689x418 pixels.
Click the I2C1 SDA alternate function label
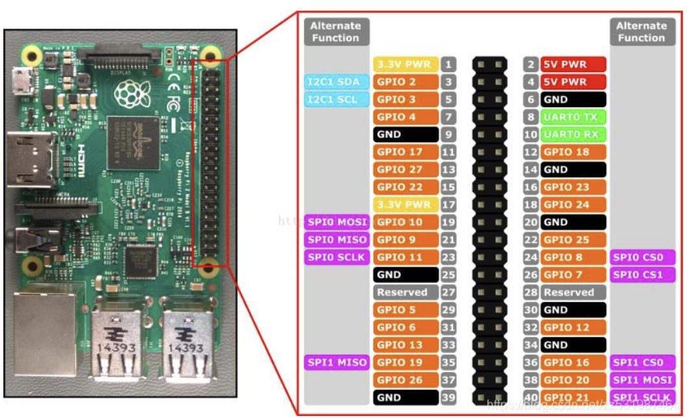coord(336,82)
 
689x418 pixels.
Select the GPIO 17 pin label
coord(406,152)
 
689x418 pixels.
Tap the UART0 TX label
coord(574,117)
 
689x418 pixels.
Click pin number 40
coord(531,397)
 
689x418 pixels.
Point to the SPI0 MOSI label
coord(336,222)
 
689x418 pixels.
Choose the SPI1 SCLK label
coord(642,397)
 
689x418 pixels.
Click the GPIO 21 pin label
coord(574,397)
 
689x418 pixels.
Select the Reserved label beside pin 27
coord(406,292)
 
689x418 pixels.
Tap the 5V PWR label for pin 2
coord(574,64)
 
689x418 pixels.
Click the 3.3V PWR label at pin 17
coord(406,204)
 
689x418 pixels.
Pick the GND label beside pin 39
coord(406,397)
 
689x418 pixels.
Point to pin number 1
coord(449,64)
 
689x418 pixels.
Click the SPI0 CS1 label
coord(642,275)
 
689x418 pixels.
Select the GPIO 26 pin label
coord(406,380)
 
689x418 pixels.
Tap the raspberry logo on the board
coord(126,95)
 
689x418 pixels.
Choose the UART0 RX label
coord(574,134)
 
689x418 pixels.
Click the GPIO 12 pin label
coord(574,327)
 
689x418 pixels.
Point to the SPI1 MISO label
coord(336,362)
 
